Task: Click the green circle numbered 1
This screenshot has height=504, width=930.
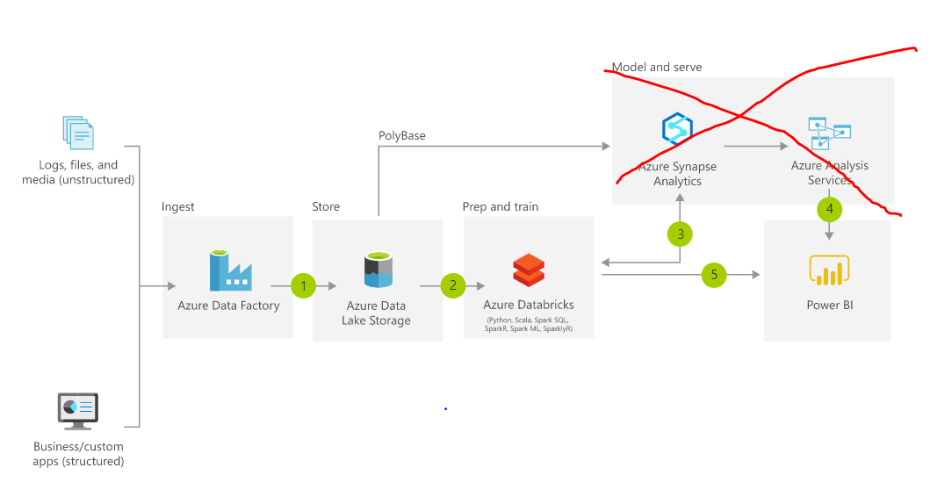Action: (303, 285)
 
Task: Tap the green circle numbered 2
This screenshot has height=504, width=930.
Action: (453, 285)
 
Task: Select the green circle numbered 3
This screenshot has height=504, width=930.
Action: (679, 234)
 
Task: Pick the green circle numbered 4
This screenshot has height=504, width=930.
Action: (829, 209)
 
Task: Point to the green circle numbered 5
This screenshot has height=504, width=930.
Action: (714, 275)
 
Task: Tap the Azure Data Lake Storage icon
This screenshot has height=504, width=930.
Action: (378, 270)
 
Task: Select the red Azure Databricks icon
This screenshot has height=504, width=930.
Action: (529, 271)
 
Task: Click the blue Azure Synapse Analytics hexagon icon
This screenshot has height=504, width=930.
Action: (677, 130)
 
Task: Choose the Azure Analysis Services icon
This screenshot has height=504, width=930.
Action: (830, 133)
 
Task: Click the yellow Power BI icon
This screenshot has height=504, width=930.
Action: (829, 271)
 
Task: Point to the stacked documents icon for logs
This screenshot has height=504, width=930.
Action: (78, 133)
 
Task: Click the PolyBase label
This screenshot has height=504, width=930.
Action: (401, 135)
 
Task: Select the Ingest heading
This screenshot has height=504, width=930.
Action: (178, 206)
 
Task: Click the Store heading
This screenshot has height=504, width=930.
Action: (326, 206)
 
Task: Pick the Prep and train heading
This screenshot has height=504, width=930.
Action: (501, 206)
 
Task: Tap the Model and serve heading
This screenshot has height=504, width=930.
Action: (657, 67)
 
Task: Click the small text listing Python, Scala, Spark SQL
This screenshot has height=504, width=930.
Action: (529, 325)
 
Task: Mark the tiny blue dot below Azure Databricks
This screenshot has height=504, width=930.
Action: (445, 409)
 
